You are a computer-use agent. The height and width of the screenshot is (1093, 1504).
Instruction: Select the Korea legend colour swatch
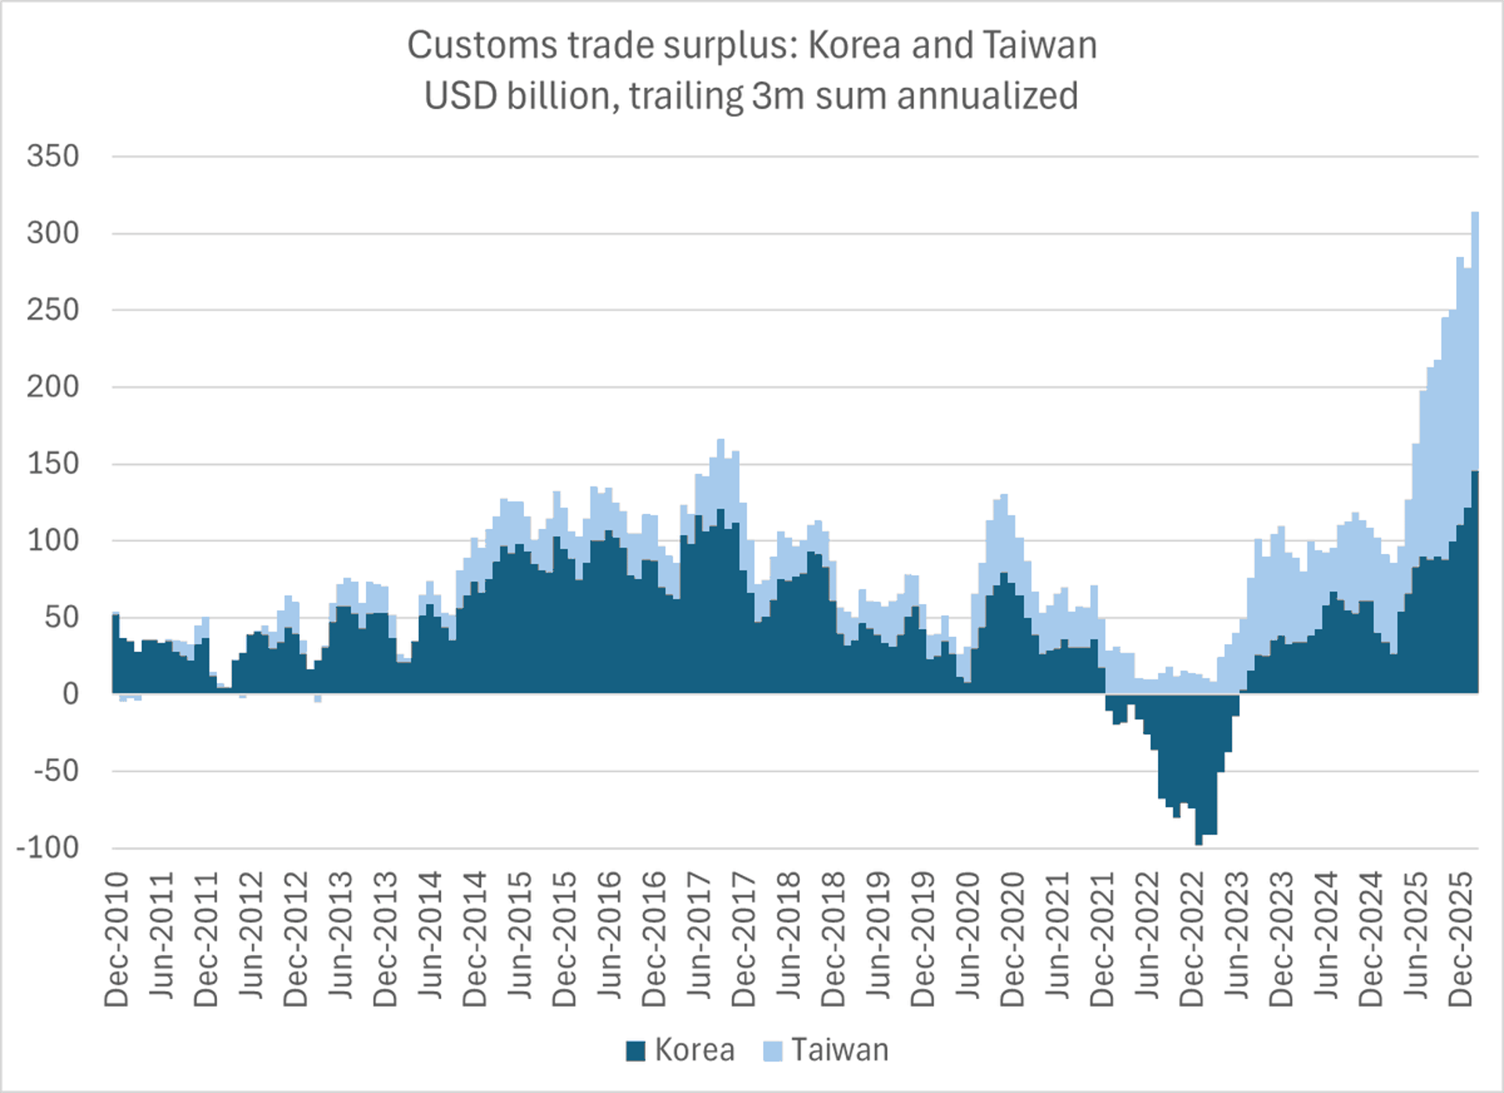click(635, 1051)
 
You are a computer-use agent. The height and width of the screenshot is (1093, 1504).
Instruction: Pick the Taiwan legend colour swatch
click(772, 1051)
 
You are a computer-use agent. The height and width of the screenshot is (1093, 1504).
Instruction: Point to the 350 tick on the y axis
click(53, 156)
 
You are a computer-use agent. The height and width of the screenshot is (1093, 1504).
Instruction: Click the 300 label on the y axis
click(53, 233)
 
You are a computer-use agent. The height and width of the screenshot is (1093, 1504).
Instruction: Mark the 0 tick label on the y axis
click(70, 693)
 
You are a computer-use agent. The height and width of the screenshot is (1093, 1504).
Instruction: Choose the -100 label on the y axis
click(48, 847)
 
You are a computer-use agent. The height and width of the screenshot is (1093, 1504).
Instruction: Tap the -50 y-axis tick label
click(56, 770)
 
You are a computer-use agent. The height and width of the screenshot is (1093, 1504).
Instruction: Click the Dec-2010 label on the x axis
click(117, 939)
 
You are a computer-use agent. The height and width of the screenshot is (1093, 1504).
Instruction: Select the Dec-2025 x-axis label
click(1461, 939)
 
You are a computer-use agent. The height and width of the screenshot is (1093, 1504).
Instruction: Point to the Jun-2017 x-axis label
click(700, 939)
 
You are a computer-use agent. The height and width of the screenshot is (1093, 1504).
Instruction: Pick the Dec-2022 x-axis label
click(1192, 939)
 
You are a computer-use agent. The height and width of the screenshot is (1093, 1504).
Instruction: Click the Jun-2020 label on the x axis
click(968, 939)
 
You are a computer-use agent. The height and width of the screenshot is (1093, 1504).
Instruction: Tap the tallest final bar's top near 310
click(1475, 214)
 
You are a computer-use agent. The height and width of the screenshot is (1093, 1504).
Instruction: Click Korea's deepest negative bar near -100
click(1198, 843)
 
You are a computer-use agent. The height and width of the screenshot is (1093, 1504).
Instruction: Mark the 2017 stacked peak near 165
click(721, 441)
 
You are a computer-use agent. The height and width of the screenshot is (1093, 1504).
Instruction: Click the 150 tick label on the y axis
click(53, 463)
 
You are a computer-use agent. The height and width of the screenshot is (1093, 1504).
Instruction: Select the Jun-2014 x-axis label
click(431, 939)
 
